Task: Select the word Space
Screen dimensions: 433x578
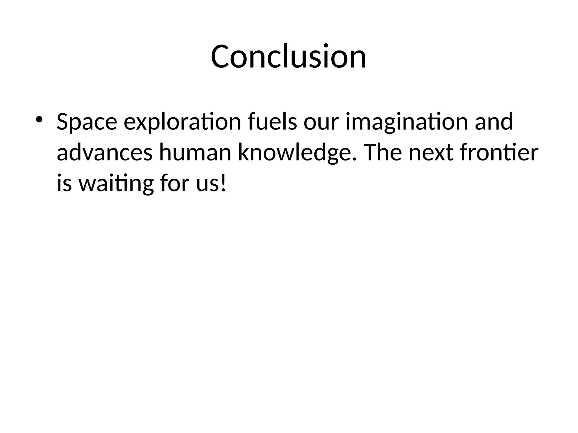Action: pos(87,122)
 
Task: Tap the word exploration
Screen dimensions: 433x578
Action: pos(182,122)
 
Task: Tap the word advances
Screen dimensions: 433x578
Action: pos(105,153)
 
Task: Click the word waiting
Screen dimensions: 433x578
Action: pos(116,184)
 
